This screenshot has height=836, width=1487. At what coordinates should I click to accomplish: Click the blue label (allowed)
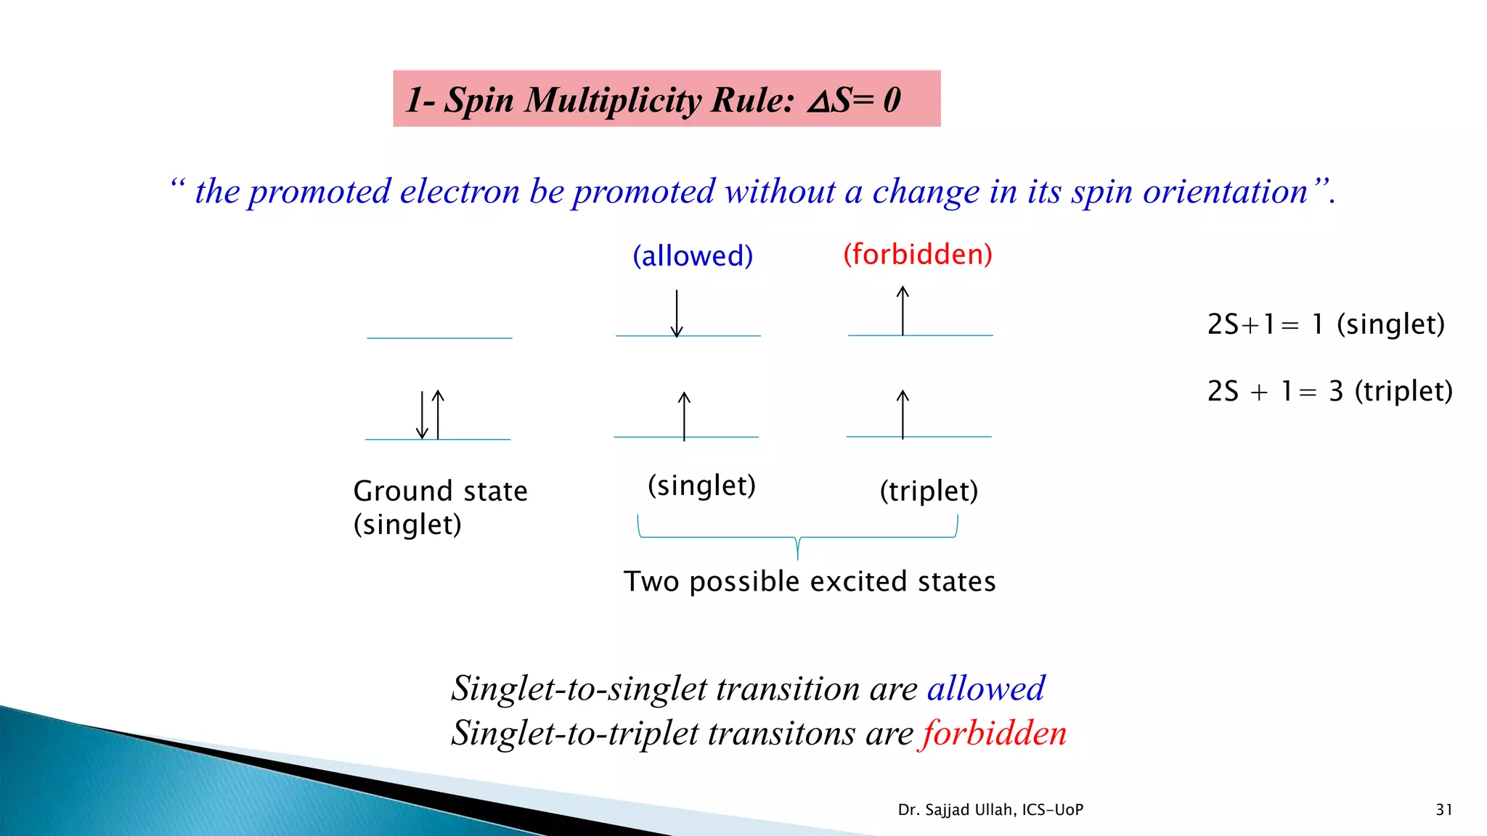[693, 256]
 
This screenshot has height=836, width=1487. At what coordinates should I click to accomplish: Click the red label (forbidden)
[917, 255]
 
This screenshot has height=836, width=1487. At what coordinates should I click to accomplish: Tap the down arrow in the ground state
[422, 415]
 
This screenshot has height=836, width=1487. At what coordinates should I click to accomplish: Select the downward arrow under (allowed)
[677, 313]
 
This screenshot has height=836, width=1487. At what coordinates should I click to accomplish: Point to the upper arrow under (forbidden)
[903, 310]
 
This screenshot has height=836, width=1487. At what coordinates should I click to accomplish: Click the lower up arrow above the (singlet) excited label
[684, 415]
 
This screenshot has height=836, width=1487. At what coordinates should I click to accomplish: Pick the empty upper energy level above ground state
[439, 338]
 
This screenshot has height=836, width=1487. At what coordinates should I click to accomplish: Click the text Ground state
[440, 491]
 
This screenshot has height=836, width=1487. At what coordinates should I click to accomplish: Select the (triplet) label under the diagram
[929, 491]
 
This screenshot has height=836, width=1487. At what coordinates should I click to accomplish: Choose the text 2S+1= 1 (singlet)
[1326, 324]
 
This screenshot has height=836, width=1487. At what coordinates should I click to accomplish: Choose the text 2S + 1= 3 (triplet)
[1329, 391]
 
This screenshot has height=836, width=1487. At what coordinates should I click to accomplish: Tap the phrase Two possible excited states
[810, 582]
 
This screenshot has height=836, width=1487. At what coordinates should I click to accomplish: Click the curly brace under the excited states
[797, 538]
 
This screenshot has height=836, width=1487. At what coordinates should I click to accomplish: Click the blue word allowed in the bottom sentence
[986, 688]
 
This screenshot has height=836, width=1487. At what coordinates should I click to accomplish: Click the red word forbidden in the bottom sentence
[995, 733]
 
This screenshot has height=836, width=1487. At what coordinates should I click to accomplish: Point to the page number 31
[1444, 810]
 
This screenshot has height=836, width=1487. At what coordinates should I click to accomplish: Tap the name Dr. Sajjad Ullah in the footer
[957, 810]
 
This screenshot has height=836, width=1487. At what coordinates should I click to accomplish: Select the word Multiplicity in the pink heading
[613, 99]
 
